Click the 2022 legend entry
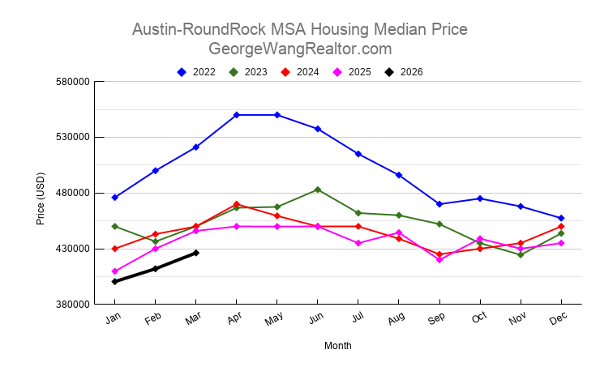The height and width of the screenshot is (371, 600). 196,72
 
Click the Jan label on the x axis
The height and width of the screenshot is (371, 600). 114,319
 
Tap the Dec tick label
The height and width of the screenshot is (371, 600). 559,319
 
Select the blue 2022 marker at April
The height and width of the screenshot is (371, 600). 237,115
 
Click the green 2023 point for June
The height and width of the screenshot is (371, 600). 318,190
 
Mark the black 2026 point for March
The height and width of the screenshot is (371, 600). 196,253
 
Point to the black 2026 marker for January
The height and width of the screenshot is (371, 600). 115,282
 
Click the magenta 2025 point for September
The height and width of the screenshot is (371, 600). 439,259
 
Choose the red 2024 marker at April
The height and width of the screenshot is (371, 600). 237,204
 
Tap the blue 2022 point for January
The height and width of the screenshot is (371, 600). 115,198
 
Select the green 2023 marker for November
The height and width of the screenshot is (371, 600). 521,255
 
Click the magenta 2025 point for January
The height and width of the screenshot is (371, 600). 115,271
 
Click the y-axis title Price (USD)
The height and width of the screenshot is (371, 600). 41,198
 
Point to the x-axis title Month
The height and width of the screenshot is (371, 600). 338,346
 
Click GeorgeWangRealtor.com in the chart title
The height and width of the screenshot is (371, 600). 300,49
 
